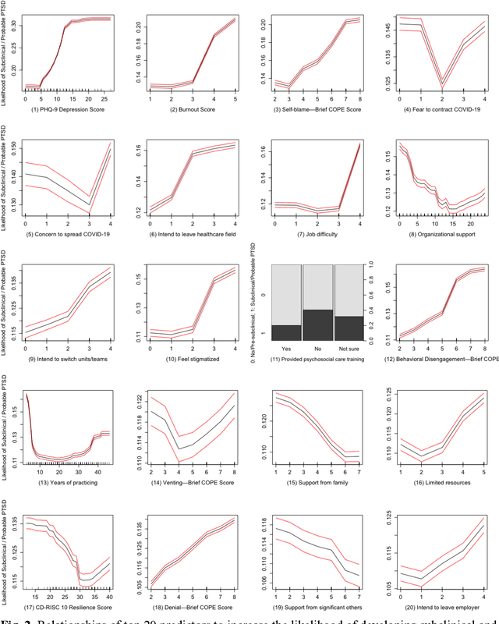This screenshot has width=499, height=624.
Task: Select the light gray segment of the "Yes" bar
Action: (x=286, y=295)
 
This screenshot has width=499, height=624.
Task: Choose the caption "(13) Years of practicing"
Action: (x=66, y=481)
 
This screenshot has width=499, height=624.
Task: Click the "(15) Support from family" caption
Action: (x=316, y=481)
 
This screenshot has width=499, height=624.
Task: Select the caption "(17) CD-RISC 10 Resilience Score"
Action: (x=66, y=606)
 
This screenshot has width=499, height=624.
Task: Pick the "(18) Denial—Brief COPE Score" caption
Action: (x=190, y=606)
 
